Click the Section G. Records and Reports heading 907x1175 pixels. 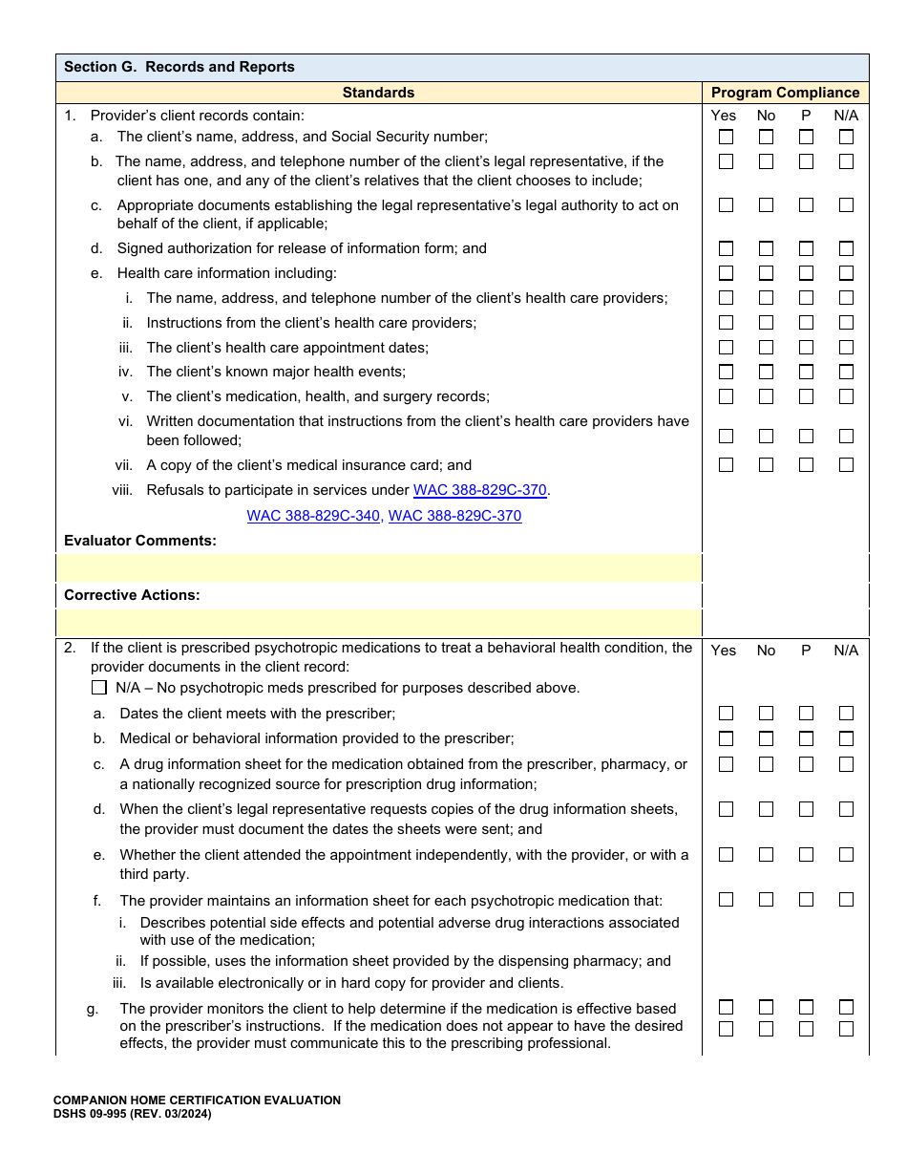click(179, 67)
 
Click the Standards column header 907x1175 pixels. click(378, 93)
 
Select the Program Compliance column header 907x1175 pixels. click(785, 93)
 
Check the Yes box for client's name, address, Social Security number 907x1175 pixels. click(726, 138)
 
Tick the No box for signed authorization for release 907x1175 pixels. click(766, 249)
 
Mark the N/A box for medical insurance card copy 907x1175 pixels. click(846, 465)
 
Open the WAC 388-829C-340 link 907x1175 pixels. click(313, 516)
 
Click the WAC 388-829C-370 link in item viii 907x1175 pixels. click(479, 490)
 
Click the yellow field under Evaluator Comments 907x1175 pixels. click(379, 567)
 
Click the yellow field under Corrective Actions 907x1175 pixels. click(379, 623)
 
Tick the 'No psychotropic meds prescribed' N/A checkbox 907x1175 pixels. click(99, 688)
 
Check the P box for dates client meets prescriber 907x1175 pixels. click(806, 714)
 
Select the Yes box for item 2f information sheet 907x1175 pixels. click(726, 900)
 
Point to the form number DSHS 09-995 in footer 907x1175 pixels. click(132, 1114)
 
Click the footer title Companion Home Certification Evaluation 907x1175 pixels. click(197, 1100)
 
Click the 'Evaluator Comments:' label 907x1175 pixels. click(140, 541)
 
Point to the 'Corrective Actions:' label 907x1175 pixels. click(132, 595)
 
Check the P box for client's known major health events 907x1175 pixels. click(806, 373)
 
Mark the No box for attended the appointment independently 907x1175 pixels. click(766, 855)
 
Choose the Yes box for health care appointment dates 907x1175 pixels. click(726, 348)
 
